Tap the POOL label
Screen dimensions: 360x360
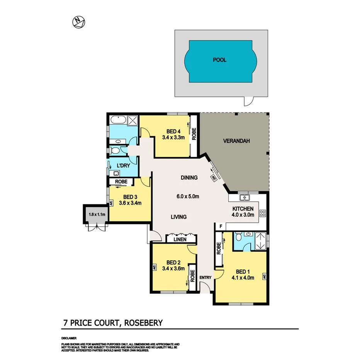(x=220, y=60)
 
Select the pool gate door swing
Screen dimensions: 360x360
(x=247, y=101)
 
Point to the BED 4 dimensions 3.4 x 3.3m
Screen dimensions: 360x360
(x=173, y=137)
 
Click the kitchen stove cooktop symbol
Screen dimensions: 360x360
(x=263, y=213)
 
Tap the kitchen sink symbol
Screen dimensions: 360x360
(x=244, y=198)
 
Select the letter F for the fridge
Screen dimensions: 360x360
(x=221, y=226)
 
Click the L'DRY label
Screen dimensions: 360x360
(x=123, y=166)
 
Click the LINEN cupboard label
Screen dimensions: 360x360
(x=180, y=239)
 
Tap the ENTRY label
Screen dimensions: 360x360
(x=205, y=278)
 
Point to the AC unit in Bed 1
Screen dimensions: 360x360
(x=265, y=277)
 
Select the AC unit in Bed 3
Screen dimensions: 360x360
(x=111, y=202)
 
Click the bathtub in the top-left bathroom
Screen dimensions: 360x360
(x=118, y=120)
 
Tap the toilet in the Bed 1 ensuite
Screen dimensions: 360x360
(x=238, y=236)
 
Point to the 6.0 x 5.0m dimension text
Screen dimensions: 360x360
(x=188, y=197)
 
